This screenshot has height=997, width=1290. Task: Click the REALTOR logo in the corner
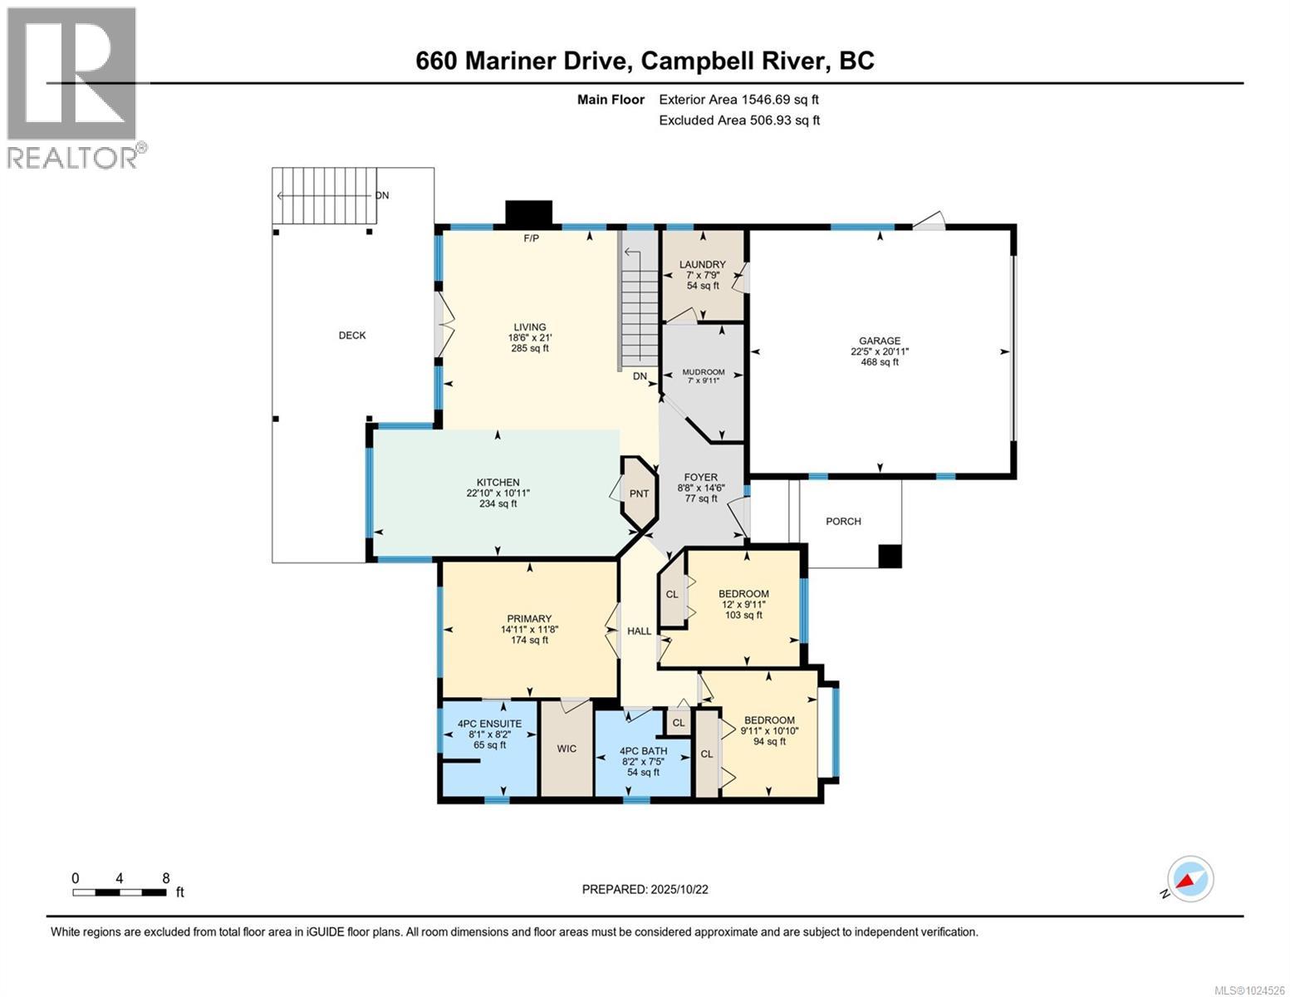[73, 87]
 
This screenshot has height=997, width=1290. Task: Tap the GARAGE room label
[880, 341]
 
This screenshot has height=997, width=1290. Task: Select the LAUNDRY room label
[702, 265]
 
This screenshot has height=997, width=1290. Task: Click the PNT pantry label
[639, 494]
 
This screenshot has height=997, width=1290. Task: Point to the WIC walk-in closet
[567, 749]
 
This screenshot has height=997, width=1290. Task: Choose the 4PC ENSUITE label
[490, 724]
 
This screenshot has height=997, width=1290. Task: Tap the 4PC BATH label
[644, 751]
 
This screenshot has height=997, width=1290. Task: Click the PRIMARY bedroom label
[529, 619]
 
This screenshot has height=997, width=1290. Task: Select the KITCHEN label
[498, 483]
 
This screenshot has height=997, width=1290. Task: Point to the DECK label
[352, 336]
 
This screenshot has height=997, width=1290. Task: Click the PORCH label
[843, 522]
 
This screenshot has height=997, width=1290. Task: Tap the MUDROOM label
[703, 372]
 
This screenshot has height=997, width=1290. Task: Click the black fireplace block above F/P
[529, 213]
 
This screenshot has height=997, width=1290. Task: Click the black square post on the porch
[890, 556]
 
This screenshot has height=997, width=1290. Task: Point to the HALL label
[639, 631]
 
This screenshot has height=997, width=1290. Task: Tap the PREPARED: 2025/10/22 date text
[645, 889]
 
